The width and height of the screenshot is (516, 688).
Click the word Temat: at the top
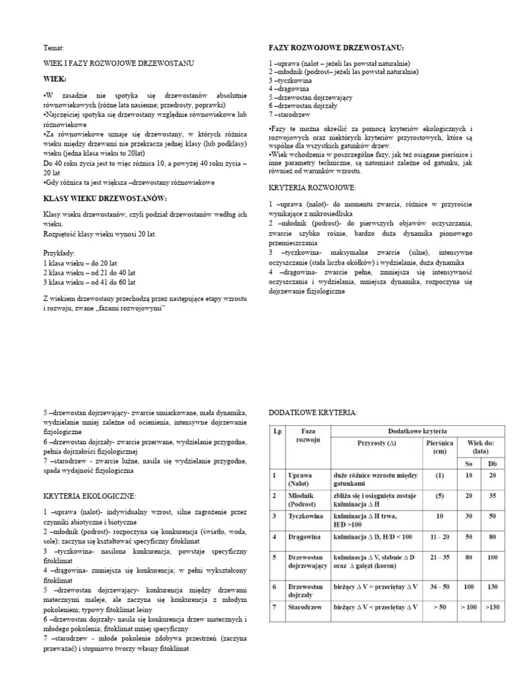(54, 49)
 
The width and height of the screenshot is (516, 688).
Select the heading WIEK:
(56, 79)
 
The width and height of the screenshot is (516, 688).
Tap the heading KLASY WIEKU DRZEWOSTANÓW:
(105, 198)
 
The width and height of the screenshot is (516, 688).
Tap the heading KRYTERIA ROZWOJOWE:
(312, 187)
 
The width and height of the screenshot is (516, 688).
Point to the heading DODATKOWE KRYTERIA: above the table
(313, 412)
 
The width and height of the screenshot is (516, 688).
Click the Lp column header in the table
(277, 431)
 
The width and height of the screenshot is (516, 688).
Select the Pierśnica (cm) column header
(439, 447)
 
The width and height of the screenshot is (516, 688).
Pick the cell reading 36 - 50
(439, 587)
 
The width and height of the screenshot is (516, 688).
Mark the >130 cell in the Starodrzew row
(493, 607)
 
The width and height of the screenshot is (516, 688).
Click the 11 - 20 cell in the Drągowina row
(439, 537)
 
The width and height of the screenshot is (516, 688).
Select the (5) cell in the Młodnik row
(439, 496)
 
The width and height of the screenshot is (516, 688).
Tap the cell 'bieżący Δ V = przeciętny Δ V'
(376, 587)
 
